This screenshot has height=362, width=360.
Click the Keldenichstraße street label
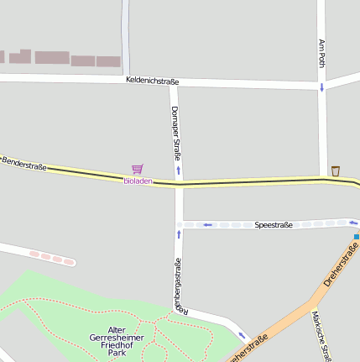(152, 81)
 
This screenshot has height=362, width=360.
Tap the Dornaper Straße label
(176, 134)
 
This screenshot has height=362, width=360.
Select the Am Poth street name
(321, 53)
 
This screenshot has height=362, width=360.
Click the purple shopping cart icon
(137, 169)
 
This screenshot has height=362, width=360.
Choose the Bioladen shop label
(138, 181)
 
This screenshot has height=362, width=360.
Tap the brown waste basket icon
(336, 171)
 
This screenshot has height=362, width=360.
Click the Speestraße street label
(274, 225)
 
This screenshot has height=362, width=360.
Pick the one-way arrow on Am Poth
(321, 87)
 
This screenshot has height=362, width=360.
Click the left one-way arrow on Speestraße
(207, 225)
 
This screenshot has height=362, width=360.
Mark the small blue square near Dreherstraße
(356, 237)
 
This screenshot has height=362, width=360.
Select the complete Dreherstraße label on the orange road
(340, 264)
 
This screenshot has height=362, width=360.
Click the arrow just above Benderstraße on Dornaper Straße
(178, 170)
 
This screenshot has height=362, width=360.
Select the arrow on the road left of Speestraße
(178, 233)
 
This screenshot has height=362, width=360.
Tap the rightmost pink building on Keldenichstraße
(108, 61)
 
